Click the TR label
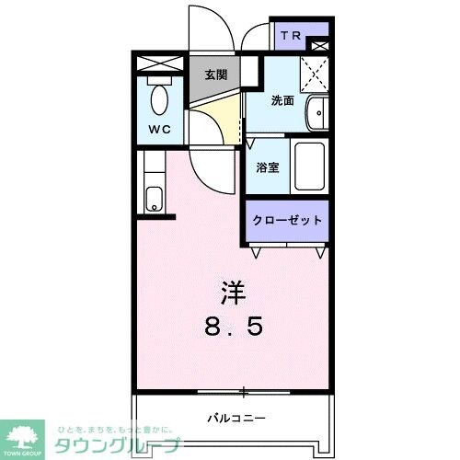(x=291, y=37)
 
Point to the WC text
(x=160, y=131)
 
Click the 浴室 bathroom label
(x=267, y=168)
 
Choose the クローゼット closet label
(x=287, y=221)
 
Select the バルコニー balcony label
(x=230, y=417)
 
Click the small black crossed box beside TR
(x=319, y=44)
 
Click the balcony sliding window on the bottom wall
(x=242, y=391)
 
